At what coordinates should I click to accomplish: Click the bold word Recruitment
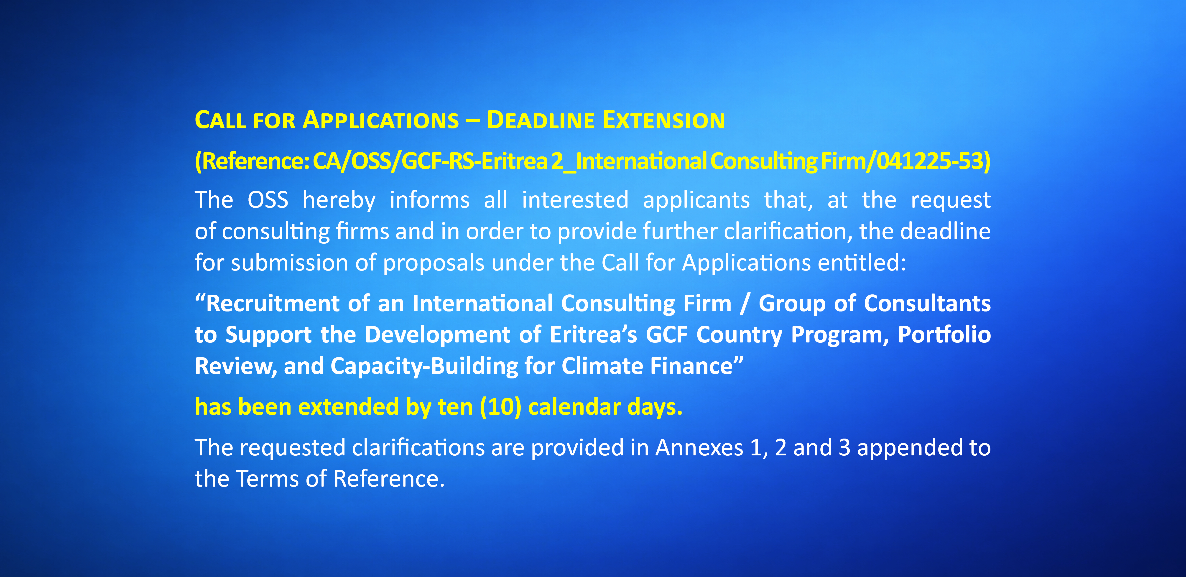pyautogui.click(x=273, y=304)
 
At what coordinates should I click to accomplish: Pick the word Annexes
pyautogui.click(x=699, y=448)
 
